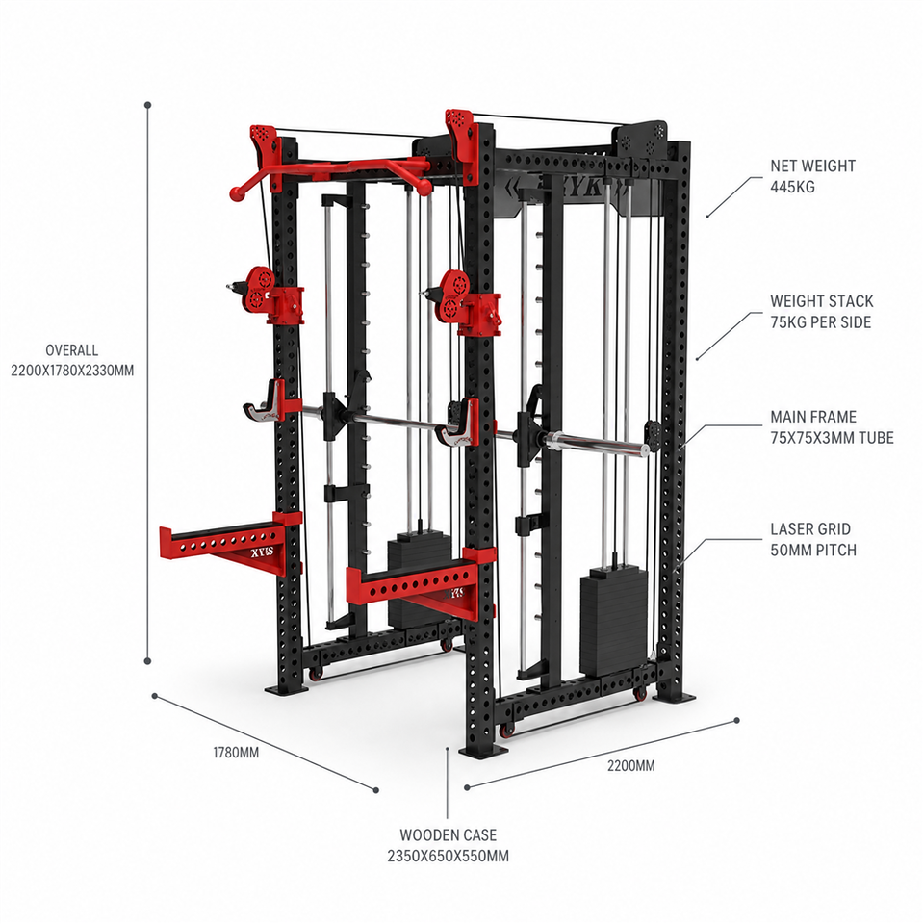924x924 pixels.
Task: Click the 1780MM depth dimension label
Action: pyautogui.click(x=236, y=753)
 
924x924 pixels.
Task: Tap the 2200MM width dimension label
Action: pyautogui.click(x=631, y=765)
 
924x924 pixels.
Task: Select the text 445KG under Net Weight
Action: pyautogui.click(x=792, y=187)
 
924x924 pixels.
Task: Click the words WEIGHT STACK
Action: pyautogui.click(x=821, y=301)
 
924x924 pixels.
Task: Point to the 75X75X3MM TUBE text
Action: pyautogui.click(x=832, y=438)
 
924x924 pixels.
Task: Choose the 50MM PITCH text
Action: pyautogui.click(x=813, y=550)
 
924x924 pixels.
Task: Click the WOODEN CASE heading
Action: pyautogui.click(x=448, y=835)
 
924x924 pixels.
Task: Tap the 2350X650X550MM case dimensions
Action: pyautogui.click(x=448, y=856)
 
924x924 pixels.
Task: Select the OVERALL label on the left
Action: pyautogui.click(x=72, y=350)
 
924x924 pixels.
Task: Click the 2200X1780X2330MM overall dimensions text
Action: pyautogui.click(x=72, y=371)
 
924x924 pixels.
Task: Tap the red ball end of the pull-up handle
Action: pyautogui.click(x=236, y=192)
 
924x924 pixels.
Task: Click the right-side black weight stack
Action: pyautogui.click(x=613, y=622)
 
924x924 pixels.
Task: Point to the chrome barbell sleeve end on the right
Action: pyautogui.click(x=645, y=450)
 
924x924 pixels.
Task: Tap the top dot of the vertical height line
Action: pyautogui.click(x=148, y=105)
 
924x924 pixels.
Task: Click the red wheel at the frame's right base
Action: pyautogui.click(x=640, y=694)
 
